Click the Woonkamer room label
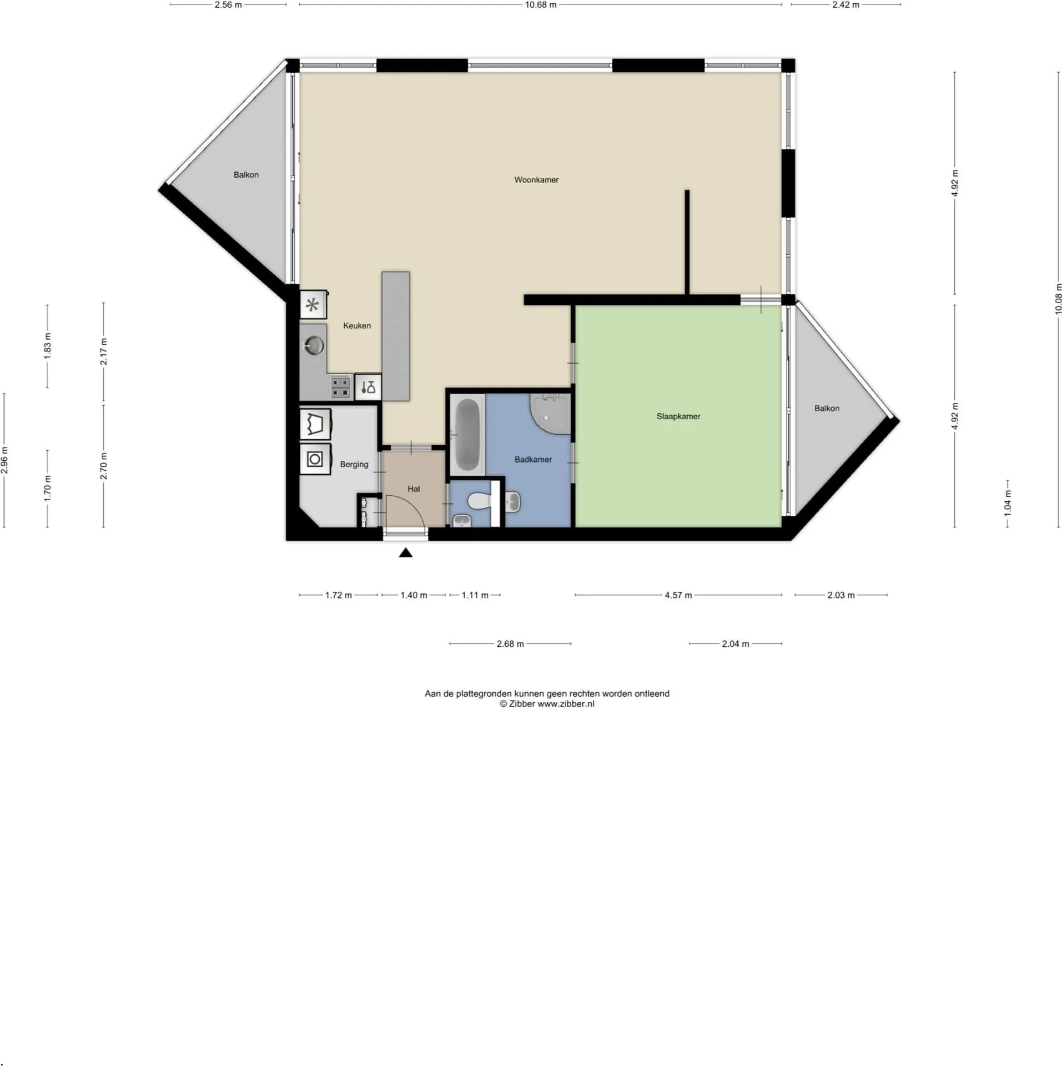click(x=536, y=180)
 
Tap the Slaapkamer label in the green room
click(x=678, y=416)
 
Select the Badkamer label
click(x=532, y=459)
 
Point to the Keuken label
click(x=356, y=325)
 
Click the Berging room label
click(x=354, y=464)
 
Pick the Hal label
click(x=413, y=489)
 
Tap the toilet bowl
click(x=479, y=501)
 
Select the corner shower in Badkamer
click(x=550, y=414)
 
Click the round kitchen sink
click(x=314, y=346)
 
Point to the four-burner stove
click(x=340, y=386)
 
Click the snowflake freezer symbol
click(x=313, y=305)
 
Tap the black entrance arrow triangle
click(x=405, y=552)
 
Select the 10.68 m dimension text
click(x=540, y=5)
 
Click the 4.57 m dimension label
click(x=678, y=595)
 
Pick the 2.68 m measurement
click(x=510, y=644)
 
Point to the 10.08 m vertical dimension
click(x=1058, y=299)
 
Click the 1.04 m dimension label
click(x=1008, y=503)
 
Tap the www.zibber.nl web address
click(x=566, y=703)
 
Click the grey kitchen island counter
click(x=395, y=336)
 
